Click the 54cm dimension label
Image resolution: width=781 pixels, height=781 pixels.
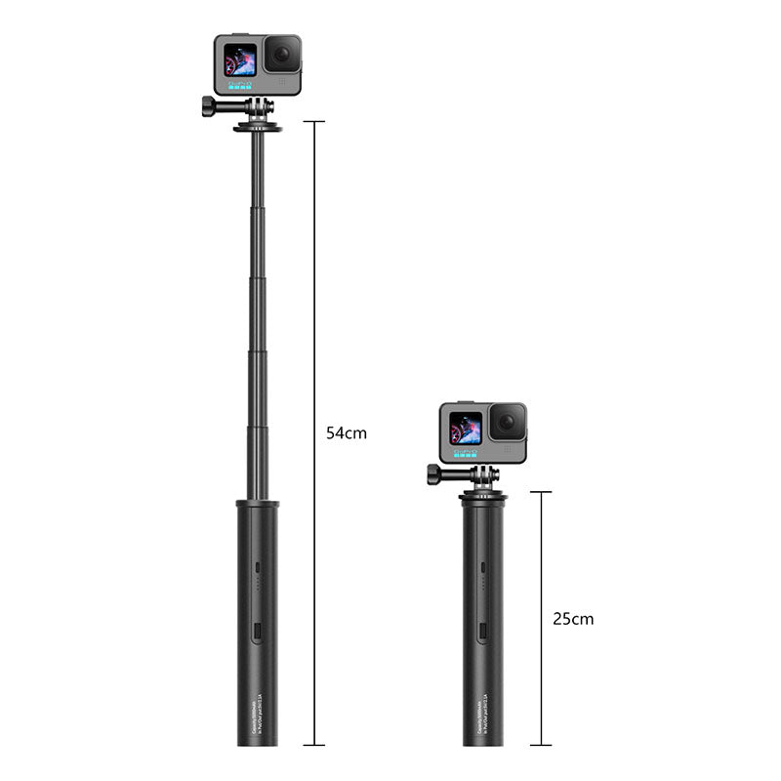pos(347,432)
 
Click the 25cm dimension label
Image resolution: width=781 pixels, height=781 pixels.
pos(573,619)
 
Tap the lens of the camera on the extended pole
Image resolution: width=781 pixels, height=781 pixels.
pos(283,54)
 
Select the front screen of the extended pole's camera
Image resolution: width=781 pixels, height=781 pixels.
pos(240,60)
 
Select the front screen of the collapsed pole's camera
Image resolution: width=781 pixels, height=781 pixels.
pos(466,428)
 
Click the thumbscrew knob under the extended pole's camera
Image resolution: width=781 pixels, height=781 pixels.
pos(210,106)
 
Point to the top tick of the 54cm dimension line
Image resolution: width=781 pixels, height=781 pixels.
pos(313,122)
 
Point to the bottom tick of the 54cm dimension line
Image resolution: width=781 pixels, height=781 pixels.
pos(313,745)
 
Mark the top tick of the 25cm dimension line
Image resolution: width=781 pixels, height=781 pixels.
pos(540,492)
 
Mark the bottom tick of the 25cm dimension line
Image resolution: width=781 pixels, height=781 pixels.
pos(540,745)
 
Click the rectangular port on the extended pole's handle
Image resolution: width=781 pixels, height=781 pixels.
pos(257,632)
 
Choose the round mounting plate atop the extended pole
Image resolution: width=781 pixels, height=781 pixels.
pos(258,127)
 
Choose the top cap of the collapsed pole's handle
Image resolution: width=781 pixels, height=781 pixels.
pos(483,498)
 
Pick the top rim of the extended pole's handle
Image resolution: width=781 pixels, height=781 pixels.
pos(258,504)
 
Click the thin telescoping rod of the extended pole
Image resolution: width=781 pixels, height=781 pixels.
pos(258,312)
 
